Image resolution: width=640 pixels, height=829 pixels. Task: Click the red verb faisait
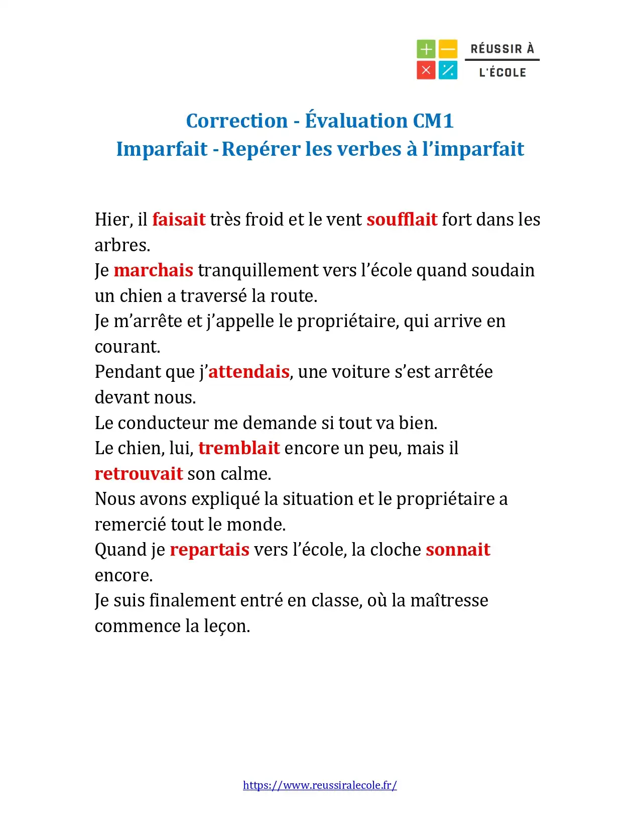point(179,220)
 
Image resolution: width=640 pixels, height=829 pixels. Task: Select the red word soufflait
point(402,220)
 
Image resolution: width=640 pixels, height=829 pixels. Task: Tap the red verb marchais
point(153,270)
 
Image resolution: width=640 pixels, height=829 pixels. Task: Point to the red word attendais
point(248,372)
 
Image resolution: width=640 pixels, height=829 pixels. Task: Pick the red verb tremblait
point(239,448)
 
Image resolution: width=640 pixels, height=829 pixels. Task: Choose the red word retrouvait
point(139,474)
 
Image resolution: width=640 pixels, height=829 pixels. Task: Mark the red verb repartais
point(209,550)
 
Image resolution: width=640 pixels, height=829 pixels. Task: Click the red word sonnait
point(458,550)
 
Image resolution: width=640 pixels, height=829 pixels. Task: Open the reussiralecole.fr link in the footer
point(320,785)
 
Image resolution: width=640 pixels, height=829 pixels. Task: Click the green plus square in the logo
point(426,49)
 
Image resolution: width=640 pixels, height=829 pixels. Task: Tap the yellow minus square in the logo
point(448,49)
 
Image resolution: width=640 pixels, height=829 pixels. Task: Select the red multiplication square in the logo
point(426,70)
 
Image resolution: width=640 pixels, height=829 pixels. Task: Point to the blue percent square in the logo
point(448,70)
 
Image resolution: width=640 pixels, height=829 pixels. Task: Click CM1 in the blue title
point(433,121)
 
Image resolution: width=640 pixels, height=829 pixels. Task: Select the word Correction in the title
point(236,121)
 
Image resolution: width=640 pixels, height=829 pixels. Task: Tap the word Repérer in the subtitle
point(261,149)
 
